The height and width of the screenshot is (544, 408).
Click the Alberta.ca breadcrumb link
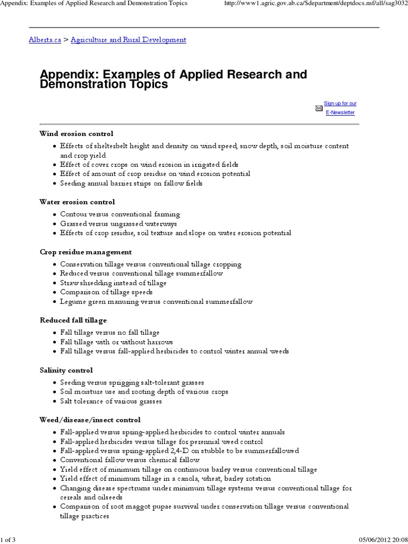click(x=45, y=40)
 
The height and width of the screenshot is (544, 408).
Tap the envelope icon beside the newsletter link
click(x=319, y=108)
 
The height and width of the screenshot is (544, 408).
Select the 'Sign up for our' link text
click(x=340, y=103)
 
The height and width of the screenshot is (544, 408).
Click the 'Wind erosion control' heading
click(x=76, y=134)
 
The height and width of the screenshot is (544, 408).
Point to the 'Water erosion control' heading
click(x=77, y=202)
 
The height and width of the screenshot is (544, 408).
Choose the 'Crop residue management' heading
click(x=86, y=252)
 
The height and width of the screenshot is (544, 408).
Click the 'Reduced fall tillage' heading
click(x=73, y=320)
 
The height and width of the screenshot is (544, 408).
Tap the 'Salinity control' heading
click(x=66, y=370)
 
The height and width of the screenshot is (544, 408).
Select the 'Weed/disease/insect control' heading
click(x=90, y=420)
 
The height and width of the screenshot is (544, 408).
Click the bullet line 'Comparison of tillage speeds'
click(x=106, y=292)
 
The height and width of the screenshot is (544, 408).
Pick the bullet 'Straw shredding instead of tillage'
click(x=113, y=283)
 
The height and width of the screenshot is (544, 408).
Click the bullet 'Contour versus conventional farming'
click(x=120, y=214)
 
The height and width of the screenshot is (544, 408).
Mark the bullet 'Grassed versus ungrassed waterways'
click(x=118, y=224)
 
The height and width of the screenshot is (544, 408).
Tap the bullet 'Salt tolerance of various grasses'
click(x=111, y=401)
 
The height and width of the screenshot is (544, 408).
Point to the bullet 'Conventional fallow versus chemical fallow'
click(x=130, y=460)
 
